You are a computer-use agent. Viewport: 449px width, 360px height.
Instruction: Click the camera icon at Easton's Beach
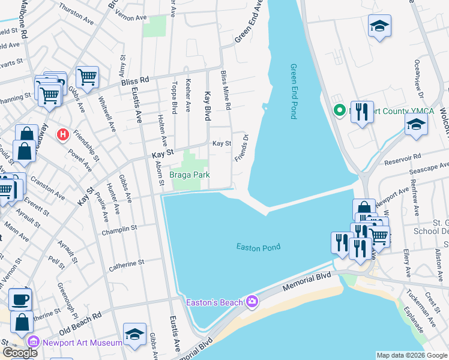tap(252, 301)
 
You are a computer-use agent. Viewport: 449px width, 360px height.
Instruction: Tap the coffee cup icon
tap(20, 298)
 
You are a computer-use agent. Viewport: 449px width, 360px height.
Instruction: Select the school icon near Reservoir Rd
tap(415, 125)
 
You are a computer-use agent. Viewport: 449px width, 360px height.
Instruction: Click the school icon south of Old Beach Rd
tap(134, 334)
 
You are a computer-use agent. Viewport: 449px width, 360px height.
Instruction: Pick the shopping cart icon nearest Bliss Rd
tap(88, 76)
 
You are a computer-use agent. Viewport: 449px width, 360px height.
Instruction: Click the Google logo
tap(20, 352)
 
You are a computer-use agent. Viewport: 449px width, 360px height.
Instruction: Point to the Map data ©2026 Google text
tap(411, 355)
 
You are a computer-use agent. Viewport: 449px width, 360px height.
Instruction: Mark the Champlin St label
tap(119, 229)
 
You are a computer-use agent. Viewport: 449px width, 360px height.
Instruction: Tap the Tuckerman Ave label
tap(416, 298)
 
